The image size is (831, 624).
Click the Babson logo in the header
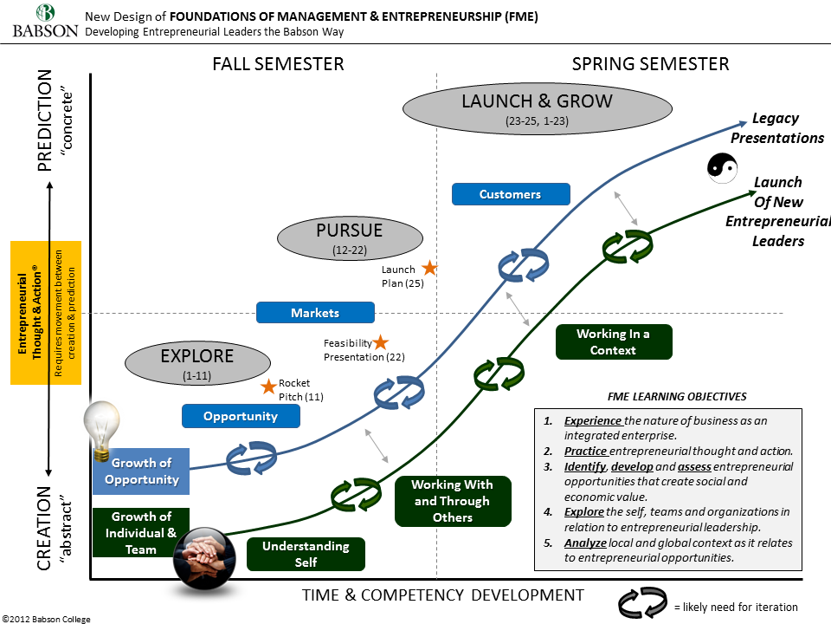click(46, 21)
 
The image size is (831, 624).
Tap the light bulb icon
click(101, 431)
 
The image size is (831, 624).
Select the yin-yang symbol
click(722, 167)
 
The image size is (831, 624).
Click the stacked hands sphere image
click(204, 557)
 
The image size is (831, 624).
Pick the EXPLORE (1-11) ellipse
click(197, 363)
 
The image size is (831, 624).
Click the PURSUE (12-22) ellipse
click(350, 237)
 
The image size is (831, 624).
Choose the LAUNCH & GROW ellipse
click(538, 108)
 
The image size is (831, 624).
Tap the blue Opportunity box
click(241, 416)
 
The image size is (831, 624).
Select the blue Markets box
click(315, 313)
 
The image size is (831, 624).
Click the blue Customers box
click(511, 194)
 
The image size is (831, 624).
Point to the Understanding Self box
click(306, 554)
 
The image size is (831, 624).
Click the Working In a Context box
click(614, 342)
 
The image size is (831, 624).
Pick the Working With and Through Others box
click(453, 501)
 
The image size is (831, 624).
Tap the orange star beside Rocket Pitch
click(268, 387)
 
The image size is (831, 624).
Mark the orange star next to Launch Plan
click(429, 268)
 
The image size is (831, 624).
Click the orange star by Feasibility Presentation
click(381, 342)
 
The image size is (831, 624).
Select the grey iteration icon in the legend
click(642, 603)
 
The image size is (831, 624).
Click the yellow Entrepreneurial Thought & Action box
click(46, 313)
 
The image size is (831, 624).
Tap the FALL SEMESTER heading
click(278, 64)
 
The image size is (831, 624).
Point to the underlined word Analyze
click(585, 543)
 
